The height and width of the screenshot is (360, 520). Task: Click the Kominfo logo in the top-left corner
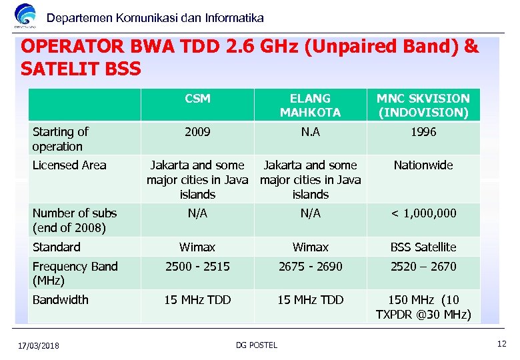[x=26, y=16]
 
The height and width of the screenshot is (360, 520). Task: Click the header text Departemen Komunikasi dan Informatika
[x=155, y=18]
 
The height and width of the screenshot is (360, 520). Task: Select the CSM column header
[x=197, y=99]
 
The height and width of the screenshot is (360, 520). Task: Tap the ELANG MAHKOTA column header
[x=310, y=105]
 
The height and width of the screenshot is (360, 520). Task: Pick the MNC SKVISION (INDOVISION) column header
[x=423, y=105]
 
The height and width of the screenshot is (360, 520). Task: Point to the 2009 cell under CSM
[x=197, y=132]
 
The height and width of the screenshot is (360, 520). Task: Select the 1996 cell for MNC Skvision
[x=423, y=132]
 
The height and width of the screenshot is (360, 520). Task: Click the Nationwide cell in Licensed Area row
[x=423, y=165]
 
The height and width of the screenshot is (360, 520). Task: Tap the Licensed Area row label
[x=69, y=165]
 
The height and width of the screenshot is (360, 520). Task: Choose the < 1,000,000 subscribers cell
[x=423, y=213]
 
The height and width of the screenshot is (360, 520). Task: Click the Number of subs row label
[x=75, y=220]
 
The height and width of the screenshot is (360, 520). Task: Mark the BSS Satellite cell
[x=423, y=247]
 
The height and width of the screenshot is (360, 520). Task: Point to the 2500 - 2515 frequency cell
[x=197, y=267]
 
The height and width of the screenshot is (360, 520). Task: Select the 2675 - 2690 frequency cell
[x=310, y=267]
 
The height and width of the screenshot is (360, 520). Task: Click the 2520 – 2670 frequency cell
[x=423, y=267]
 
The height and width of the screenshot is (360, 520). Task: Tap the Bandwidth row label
[x=61, y=300]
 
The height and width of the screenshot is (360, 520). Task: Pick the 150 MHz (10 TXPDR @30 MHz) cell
[x=423, y=307]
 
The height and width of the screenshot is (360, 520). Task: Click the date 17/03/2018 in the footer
[x=39, y=345]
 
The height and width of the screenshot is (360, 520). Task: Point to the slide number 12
[x=501, y=343]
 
